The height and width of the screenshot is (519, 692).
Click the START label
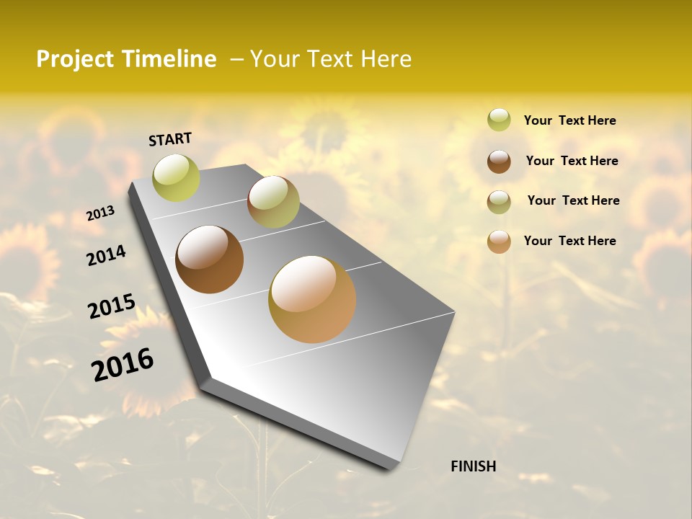[x=170, y=139]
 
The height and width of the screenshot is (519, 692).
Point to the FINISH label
[x=473, y=466]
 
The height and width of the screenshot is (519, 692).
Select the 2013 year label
[x=101, y=213]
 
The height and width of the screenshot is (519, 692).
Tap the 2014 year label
[x=106, y=255]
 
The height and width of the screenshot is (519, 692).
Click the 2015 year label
[x=111, y=306]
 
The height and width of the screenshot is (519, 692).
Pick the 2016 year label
[x=123, y=364]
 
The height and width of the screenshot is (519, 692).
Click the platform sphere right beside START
[x=176, y=177]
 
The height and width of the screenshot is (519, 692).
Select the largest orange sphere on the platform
[x=312, y=299]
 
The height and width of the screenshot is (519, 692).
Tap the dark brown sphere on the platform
[x=209, y=259]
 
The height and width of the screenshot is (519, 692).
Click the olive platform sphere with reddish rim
[x=273, y=202]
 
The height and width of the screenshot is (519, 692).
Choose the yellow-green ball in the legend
[x=499, y=120]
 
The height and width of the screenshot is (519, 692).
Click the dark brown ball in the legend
[x=499, y=161]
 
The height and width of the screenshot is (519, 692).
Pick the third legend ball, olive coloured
[x=499, y=202]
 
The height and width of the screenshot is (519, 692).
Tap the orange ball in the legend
[x=499, y=241]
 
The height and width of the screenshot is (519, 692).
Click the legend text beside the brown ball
[x=572, y=161]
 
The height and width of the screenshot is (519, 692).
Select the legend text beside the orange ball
[x=569, y=241]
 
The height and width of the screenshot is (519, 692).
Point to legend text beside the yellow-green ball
[x=569, y=120]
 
